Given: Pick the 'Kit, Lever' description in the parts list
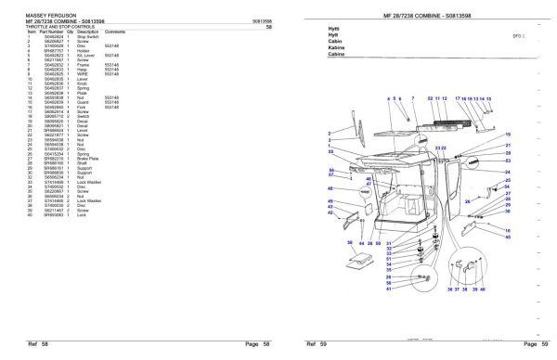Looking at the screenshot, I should [86, 58].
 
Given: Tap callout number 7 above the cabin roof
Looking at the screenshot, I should [411, 97].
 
